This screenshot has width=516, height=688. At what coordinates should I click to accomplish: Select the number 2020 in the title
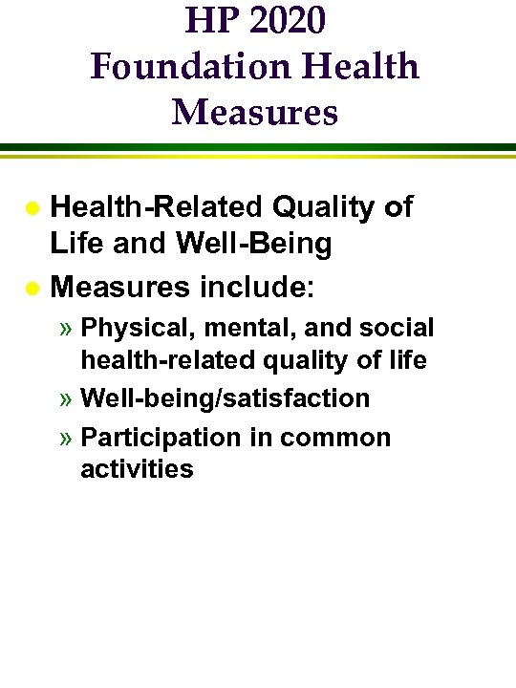(x=286, y=22)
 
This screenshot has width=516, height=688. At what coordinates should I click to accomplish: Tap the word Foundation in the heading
(x=171, y=67)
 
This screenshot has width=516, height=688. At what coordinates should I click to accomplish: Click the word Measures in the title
(x=255, y=112)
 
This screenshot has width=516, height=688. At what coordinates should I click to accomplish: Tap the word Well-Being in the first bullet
(x=254, y=244)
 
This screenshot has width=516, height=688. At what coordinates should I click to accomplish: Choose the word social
(x=394, y=329)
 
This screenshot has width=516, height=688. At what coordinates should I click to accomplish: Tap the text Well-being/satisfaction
(x=226, y=398)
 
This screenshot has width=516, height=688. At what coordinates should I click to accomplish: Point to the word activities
(x=137, y=469)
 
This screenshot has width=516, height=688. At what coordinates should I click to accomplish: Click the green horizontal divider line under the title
(x=258, y=146)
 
